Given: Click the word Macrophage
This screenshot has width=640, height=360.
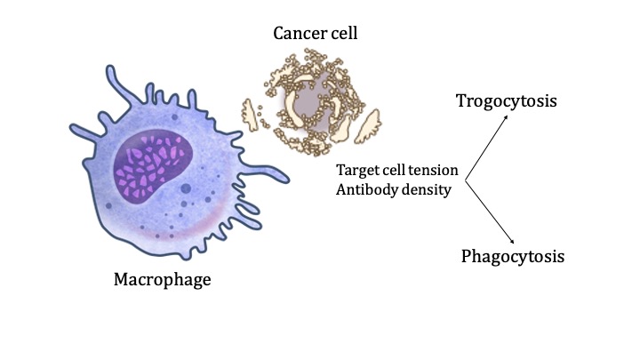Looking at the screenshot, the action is pos(162,280).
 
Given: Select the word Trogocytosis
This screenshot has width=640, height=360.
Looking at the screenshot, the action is pos(506,101).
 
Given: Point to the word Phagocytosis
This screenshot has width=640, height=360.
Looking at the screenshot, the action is pos(513,257).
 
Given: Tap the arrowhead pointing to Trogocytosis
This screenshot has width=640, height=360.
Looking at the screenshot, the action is pos(505,117).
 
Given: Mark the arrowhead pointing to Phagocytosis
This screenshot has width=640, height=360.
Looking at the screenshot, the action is pos(511,241).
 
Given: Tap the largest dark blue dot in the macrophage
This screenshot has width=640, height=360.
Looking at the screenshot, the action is pos(186,188).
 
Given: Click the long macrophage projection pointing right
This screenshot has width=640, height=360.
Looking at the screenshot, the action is pos(265,172).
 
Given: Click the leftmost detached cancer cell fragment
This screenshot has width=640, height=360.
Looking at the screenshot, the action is pos(250,115).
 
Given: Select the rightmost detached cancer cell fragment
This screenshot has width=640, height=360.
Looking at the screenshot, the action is pos(367,126).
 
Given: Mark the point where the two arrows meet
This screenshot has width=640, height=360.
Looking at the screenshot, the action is pos(465,180).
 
